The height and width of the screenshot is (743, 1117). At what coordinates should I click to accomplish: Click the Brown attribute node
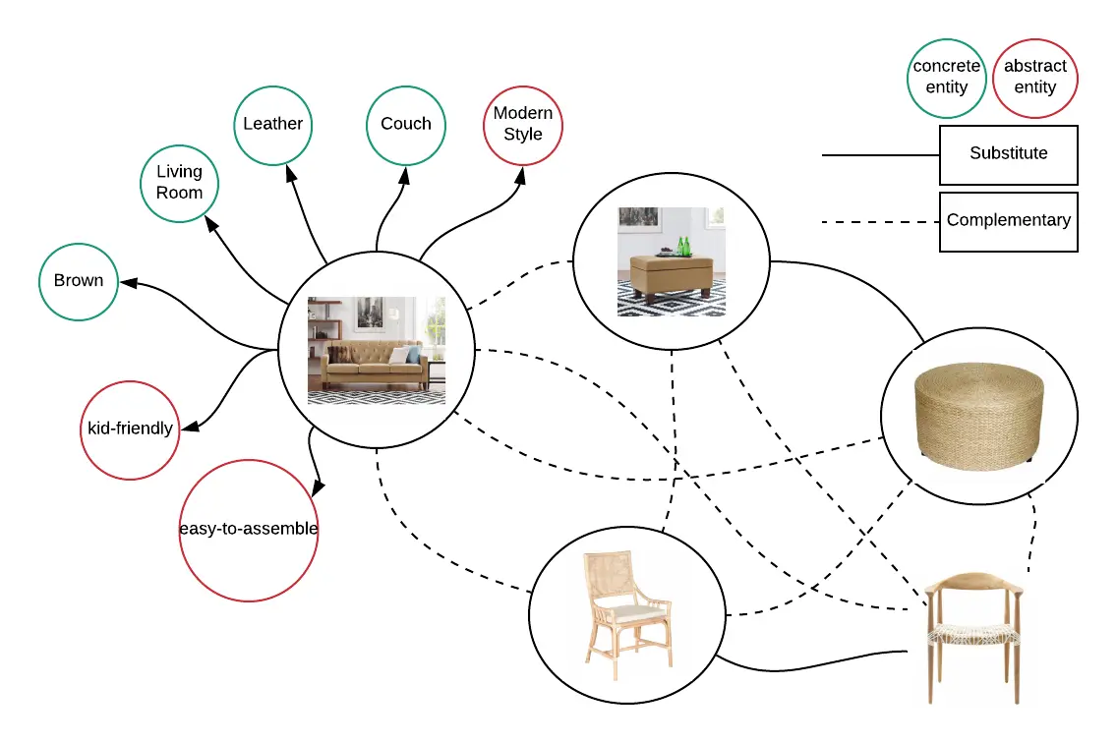coord(79,281)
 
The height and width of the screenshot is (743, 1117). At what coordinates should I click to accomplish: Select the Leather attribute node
coord(273,124)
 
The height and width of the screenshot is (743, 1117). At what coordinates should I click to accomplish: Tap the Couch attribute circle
coord(406,124)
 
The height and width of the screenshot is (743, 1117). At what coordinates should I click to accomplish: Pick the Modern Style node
coord(523,124)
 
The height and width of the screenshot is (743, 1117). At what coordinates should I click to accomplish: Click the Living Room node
coord(179,183)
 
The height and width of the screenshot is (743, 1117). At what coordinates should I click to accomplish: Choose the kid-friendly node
coord(130,429)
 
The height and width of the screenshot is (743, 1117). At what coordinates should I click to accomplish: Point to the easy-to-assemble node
coord(249,530)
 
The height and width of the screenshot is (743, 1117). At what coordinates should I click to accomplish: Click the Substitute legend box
coord(1008,154)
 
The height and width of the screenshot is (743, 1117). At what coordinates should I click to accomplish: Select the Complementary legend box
coord(1008,221)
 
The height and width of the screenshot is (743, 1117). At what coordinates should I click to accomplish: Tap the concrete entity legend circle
coord(947,77)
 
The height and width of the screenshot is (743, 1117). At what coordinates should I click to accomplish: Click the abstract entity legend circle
coord(1035,77)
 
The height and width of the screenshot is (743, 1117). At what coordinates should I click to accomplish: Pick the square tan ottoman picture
coord(672,261)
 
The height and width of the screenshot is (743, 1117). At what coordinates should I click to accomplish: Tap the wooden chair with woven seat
coord(975,637)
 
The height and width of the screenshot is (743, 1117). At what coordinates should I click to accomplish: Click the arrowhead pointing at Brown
coord(126,283)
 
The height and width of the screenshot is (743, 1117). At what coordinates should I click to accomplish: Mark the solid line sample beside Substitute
coord(880,155)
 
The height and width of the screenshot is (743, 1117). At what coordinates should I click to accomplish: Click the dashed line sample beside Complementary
coord(880,222)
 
